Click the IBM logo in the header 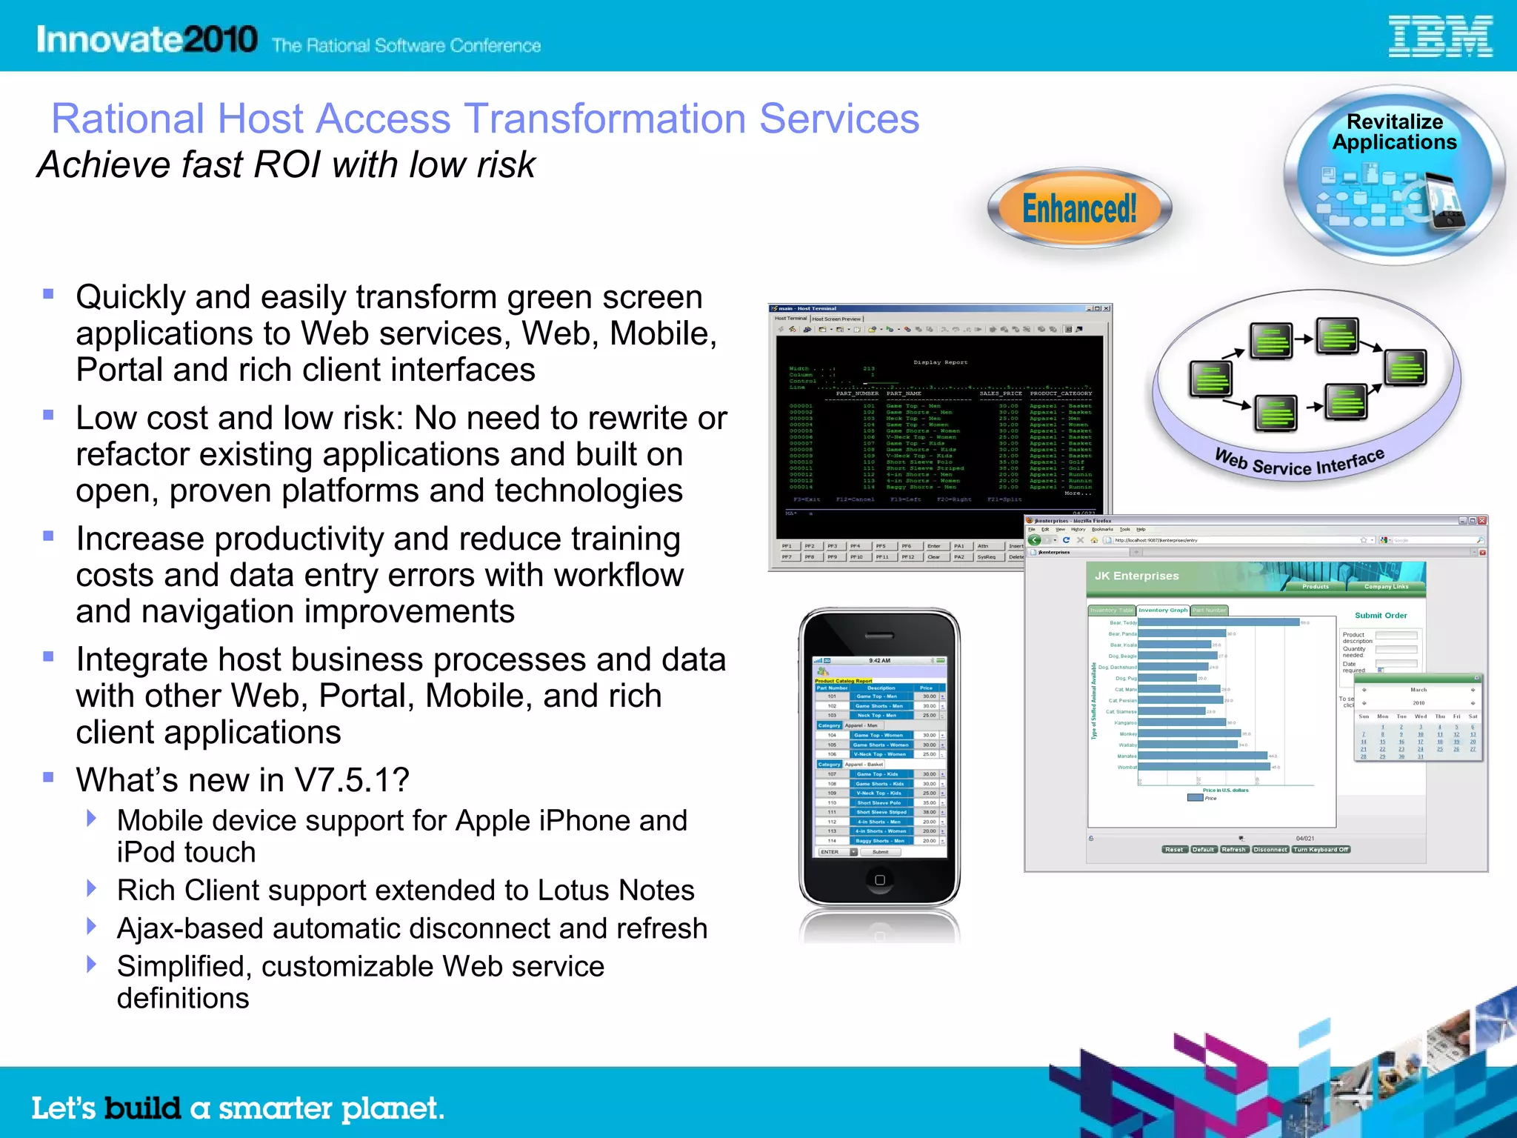pyautogui.click(x=1440, y=37)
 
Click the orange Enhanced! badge pyautogui.click(x=1079, y=208)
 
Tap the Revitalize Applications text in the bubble pyautogui.click(x=1395, y=132)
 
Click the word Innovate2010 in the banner pyautogui.click(x=147, y=39)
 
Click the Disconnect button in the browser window pyautogui.click(x=1270, y=850)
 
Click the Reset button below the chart pyautogui.click(x=1174, y=850)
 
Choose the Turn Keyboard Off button pyautogui.click(x=1321, y=850)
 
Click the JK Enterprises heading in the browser pyautogui.click(x=1136, y=576)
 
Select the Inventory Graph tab pyautogui.click(x=1162, y=610)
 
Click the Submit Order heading pyautogui.click(x=1381, y=616)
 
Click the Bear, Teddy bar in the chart pyautogui.click(x=1218, y=622)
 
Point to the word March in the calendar pyautogui.click(x=1418, y=690)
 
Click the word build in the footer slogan pyautogui.click(x=142, y=1108)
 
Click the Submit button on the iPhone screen pyautogui.click(x=880, y=852)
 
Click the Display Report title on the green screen pyautogui.click(x=940, y=362)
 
